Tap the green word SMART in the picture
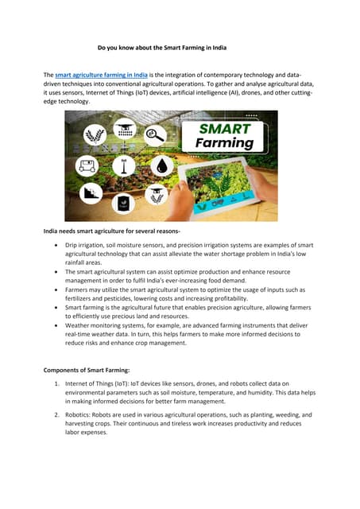click(226, 127)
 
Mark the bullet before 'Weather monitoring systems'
click(54, 324)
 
